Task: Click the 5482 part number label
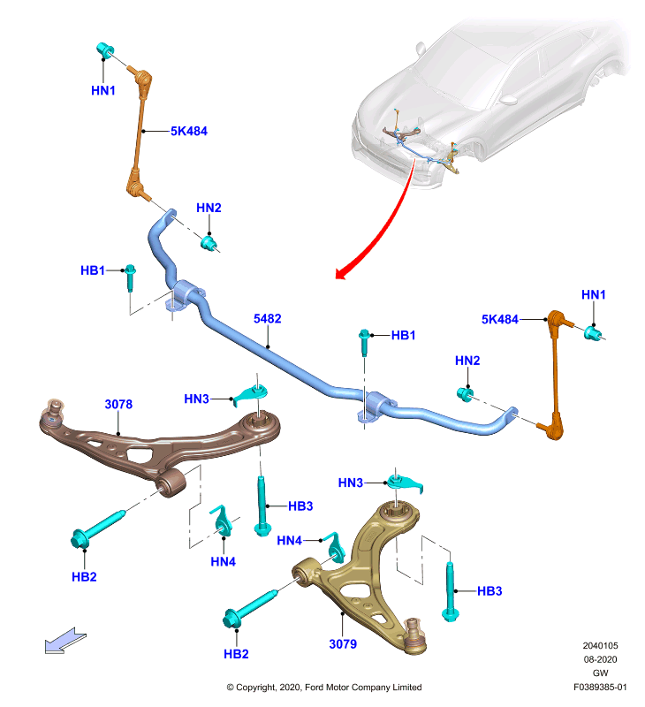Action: pyautogui.click(x=268, y=319)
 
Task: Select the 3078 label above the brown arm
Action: pyautogui.click(x=118, y=404)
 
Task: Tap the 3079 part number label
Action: pyautogui.click(x=343, y=644)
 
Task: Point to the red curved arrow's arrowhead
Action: pyautogui.click(x=341, y=273)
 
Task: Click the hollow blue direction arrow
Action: pyautogui.click(x=64, y=640)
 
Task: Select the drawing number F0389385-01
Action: pyautogui.click(x=600, y=688)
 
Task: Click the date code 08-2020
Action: pyautogui.click(x=600, y=659)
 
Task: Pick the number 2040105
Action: pyautogui.click(x=600, y=646)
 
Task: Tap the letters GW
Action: pyautogui.click(x=600, y=673)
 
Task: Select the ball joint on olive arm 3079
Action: pyautogui.click(x=414, y=636)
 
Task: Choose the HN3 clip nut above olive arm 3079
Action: pyautogui.click(x=405, y=482)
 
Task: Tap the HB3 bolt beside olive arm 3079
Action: pyautogui.click(x=451, y=591)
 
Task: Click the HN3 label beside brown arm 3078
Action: pyautogui.click(x=196, y=399)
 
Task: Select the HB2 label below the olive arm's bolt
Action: pyautogui.click(x=236, y=654)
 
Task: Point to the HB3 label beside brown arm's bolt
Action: pyautogui.click(x=300, y=506)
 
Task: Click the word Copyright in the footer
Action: pyautogui.click(x=256, y=688)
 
